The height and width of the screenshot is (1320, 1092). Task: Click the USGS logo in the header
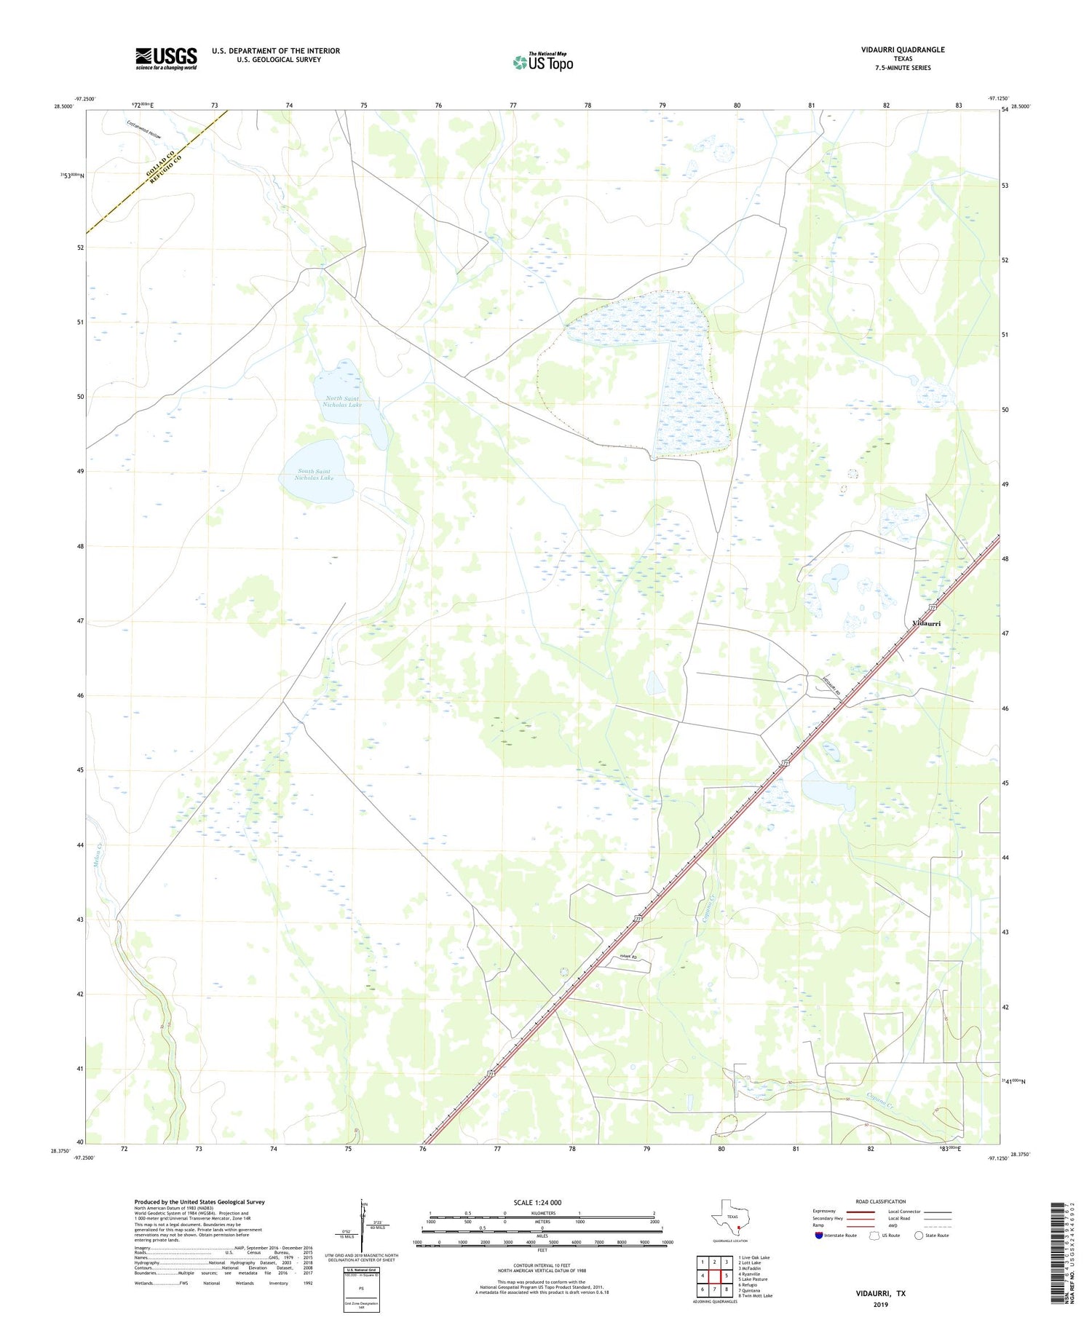[x=166, y=58]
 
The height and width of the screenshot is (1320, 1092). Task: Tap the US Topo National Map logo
[x=542, y=62]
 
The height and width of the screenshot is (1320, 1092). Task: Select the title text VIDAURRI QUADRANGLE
[x=903, y=50]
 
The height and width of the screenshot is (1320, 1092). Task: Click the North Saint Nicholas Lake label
[x=342, y=401]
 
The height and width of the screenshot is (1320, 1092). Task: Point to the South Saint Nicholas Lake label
[x=314, y=475]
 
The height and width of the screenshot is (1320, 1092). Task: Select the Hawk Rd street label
[x=628, y=957]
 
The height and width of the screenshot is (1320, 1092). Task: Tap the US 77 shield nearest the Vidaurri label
[x=933, y=607]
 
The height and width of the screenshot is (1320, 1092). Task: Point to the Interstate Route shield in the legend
[x=819, y=1236]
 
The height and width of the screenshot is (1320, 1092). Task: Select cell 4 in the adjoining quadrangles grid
[x=703, y=1276]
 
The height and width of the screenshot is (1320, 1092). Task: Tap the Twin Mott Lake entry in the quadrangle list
[x=755, y=1296]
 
